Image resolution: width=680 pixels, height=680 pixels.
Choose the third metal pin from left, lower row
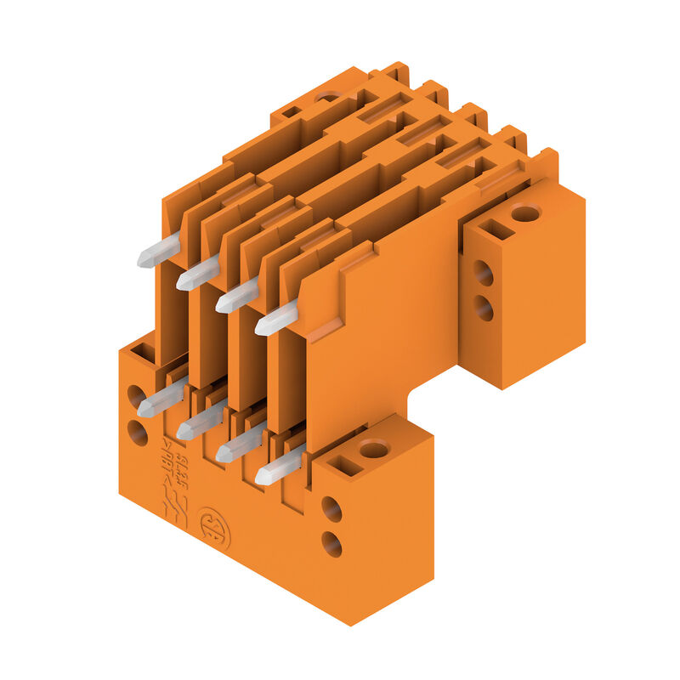239,444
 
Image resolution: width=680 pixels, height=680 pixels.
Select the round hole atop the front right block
374,448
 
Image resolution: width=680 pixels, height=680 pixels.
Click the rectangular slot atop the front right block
344,464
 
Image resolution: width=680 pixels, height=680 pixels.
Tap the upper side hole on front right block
331,509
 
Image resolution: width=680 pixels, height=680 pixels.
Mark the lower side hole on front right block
331,543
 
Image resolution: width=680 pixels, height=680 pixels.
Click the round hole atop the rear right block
525,212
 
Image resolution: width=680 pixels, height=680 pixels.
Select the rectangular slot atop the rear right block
496,229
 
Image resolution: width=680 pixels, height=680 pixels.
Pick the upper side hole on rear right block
483,273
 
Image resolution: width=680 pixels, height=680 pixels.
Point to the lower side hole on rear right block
483,308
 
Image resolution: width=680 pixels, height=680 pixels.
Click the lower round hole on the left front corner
137,432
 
